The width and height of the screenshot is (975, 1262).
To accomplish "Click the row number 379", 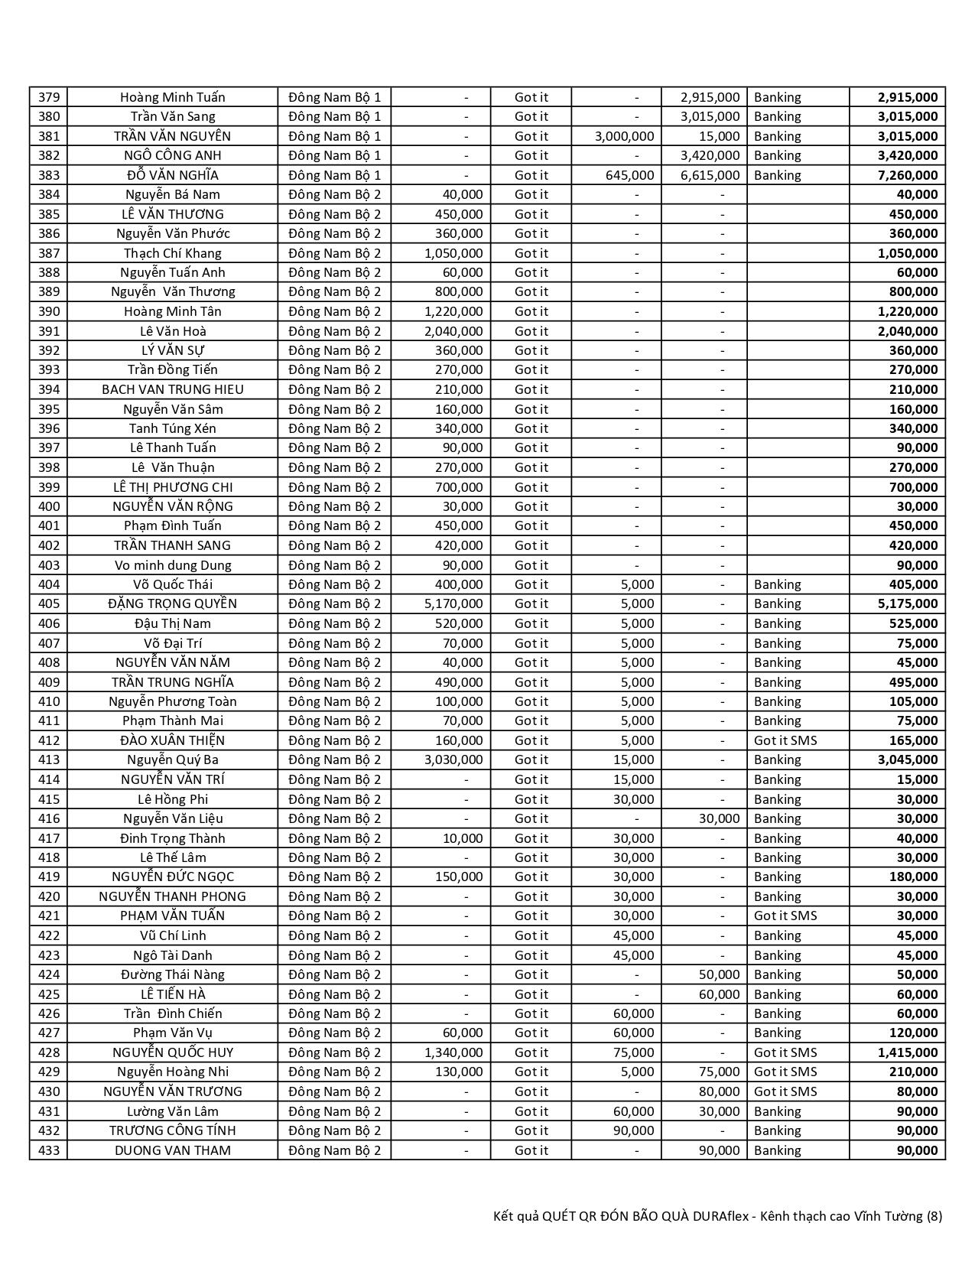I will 48,97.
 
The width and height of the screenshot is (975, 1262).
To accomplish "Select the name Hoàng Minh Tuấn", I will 173,97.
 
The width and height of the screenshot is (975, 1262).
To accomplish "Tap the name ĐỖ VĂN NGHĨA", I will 173,175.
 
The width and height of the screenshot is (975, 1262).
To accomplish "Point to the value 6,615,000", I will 710,175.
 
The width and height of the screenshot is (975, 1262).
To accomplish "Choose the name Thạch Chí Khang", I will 173,253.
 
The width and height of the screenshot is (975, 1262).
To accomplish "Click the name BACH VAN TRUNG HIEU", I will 173,389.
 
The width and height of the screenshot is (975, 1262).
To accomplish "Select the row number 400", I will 48,506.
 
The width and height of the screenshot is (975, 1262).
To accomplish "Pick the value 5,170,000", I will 453,603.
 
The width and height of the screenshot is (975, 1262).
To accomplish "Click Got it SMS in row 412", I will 785,740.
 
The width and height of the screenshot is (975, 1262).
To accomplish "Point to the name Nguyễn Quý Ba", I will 173,759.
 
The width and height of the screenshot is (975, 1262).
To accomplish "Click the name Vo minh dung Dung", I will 173,565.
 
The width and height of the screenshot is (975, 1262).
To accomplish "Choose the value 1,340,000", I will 453,1052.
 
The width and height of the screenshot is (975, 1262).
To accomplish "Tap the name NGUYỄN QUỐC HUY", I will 173,1052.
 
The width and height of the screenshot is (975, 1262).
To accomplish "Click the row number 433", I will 48,1150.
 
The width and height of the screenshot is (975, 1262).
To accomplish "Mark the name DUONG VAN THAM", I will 173,1150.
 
